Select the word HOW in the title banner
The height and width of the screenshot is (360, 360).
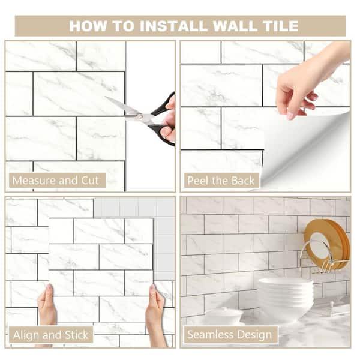tap(88, 26)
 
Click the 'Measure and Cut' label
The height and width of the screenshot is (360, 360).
tap(57, 180)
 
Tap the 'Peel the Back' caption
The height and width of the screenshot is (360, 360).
tap(221, 180)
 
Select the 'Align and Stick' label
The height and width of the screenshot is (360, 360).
tap(52, 334)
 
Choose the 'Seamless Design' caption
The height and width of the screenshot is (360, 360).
tap(229, 334)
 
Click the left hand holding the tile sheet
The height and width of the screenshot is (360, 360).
tap(47, 311)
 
